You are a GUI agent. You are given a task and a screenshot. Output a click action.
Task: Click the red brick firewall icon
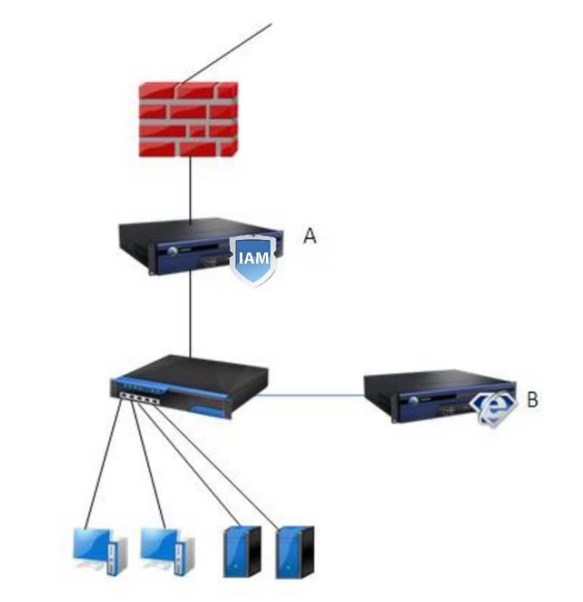[x=188, y=118]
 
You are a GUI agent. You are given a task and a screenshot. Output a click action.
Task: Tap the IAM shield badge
[x=253, y=258]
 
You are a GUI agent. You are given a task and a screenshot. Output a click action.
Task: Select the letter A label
[x=310, y=235]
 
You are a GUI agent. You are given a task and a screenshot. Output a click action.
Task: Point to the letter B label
[x=532, y=399]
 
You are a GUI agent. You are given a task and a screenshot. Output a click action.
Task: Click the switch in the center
[x=189, y=385]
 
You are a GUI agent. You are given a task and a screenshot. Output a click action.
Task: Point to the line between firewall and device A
[x=190, y=189]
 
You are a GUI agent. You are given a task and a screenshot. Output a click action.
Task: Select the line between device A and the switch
[x=190, y=317]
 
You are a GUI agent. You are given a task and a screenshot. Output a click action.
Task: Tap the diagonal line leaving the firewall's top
[x=227, y=53]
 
